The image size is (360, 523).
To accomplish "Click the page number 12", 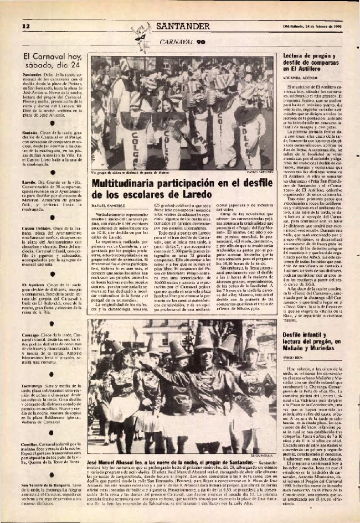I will (x=25, y=27).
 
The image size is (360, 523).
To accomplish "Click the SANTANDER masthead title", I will (x=182, y=26).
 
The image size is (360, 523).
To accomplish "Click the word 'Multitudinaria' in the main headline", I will (x=126, y=183).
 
